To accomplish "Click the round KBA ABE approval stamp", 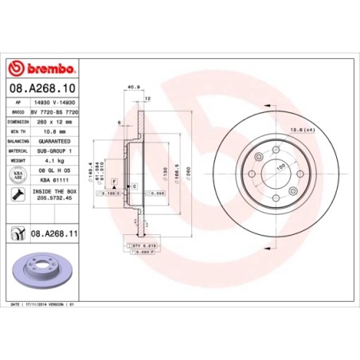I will click(x=17, y=174).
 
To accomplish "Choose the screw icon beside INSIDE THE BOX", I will click(x=17, y=195).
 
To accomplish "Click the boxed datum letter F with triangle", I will click(x=114, y=182).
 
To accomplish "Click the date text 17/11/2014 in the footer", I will click(x=35, y=303).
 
